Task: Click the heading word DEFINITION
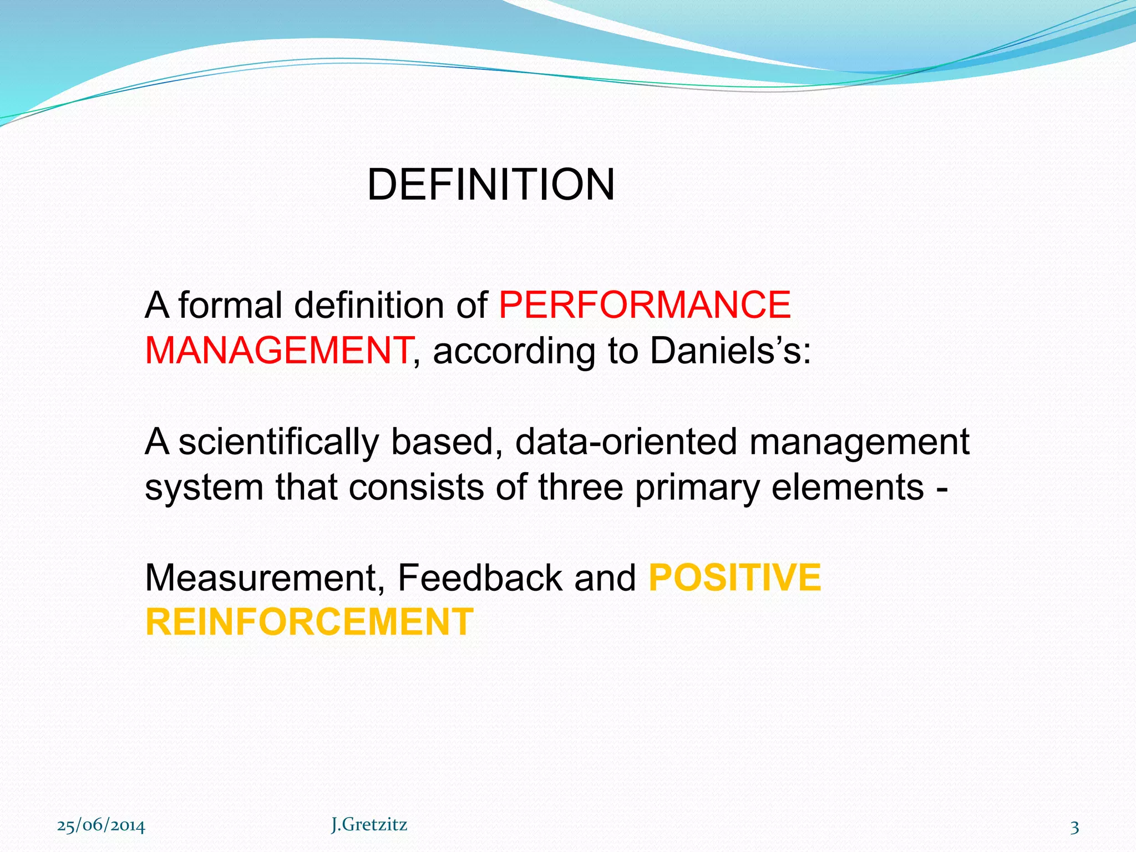[491, 185]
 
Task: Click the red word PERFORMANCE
[645, 305]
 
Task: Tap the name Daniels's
[730, 351]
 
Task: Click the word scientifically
[279, 442]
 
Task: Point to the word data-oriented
[626, 442]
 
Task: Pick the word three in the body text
[581, 487]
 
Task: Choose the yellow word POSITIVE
[734, 578]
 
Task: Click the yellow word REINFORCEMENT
[310, 622]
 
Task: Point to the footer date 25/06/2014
[102, 826]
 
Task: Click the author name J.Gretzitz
[369, 825]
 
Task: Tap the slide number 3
[1074, 828]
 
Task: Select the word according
[514, 352]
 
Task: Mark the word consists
[417, 487]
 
